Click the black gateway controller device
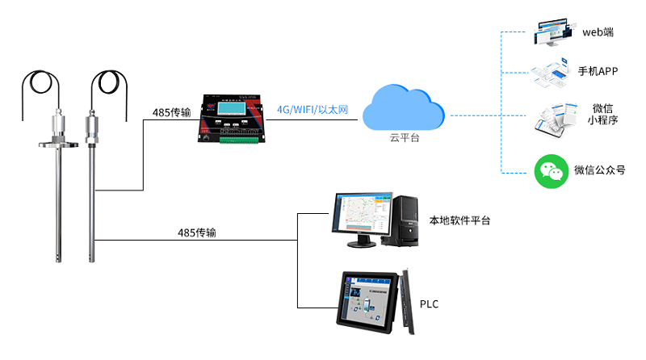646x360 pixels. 233,121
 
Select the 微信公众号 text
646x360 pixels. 599,170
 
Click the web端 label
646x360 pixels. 598,32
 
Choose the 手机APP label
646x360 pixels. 598,71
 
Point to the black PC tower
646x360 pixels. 406,220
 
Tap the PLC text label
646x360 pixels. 430,304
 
